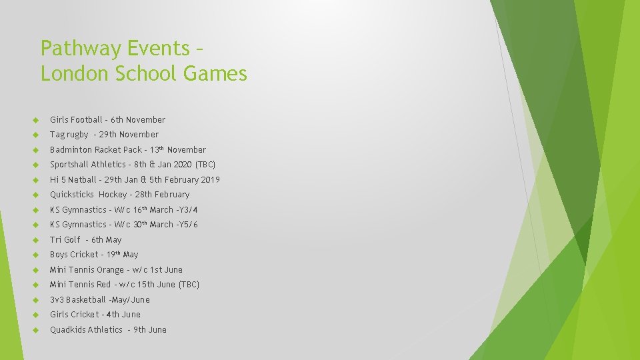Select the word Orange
tap(110, 270)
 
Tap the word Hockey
tap(113, 195)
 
